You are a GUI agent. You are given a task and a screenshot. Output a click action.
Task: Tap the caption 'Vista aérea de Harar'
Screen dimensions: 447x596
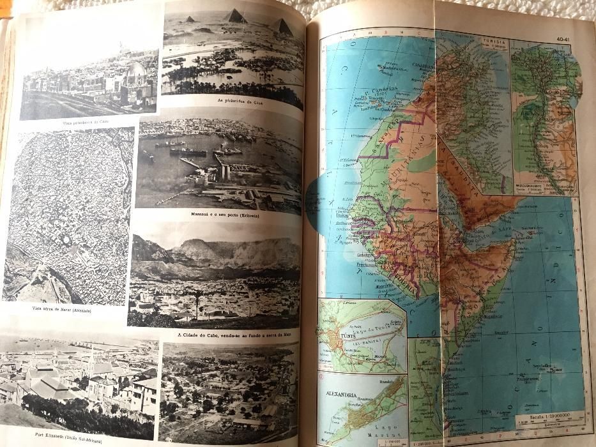point(61,310)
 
